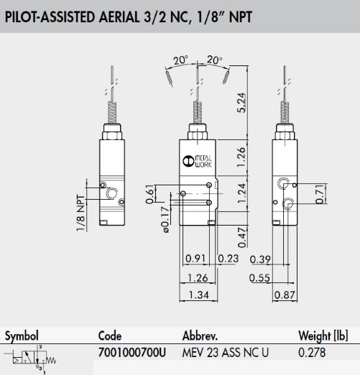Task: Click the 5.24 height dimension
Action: point(241,103)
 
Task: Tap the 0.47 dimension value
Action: point(242,237)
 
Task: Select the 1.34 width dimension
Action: point(199,295)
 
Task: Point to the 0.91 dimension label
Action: point(195,259)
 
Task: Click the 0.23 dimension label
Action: point(229,259)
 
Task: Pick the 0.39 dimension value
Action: point(260,259)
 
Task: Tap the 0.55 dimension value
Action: point(259,278)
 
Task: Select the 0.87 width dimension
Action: point(285,295)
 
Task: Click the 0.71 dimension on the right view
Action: point(320,194)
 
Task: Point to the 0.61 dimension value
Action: point(150,194)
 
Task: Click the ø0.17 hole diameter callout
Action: point(165,220)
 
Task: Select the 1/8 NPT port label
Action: point(81,213)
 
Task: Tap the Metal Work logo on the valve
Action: point(197,161)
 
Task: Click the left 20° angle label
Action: point(180,60)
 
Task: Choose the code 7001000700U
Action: point(132,352)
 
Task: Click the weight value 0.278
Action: point(312,352)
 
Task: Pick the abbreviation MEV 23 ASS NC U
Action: point(226,352)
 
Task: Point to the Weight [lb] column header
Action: point(323,335)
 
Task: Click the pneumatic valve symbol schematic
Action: point(31,359)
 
